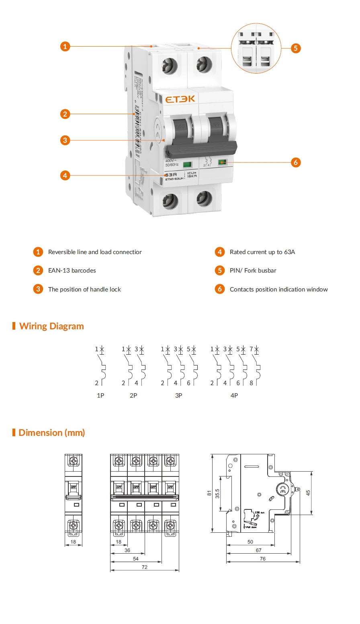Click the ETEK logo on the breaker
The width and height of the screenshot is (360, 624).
pos(180,99)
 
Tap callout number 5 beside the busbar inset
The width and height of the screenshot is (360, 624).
pos(295,48)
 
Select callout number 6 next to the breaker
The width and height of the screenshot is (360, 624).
pos(296,162)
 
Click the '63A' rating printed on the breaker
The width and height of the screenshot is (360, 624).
pos(171,175)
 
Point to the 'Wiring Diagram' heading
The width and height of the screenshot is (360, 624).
pos(51,326)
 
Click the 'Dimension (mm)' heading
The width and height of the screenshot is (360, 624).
pos(51,433)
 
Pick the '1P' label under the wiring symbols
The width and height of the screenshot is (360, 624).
pos(100,396)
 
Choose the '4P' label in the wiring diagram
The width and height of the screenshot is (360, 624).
pos(234,396)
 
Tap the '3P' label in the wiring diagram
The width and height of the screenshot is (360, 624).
pos(179,396)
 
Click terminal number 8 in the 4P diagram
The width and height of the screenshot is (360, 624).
pos(252,383)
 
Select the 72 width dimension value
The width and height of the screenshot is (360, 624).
pos(145,567)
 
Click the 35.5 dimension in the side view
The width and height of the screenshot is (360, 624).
pos(217,494)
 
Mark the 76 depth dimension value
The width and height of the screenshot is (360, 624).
pos(263,559)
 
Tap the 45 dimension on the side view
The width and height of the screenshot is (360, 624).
pos(308,493)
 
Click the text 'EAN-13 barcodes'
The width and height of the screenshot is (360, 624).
pos(72,271)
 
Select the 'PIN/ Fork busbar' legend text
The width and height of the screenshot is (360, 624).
pos(253,271)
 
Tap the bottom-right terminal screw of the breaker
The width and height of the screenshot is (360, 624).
pos(204,198)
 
